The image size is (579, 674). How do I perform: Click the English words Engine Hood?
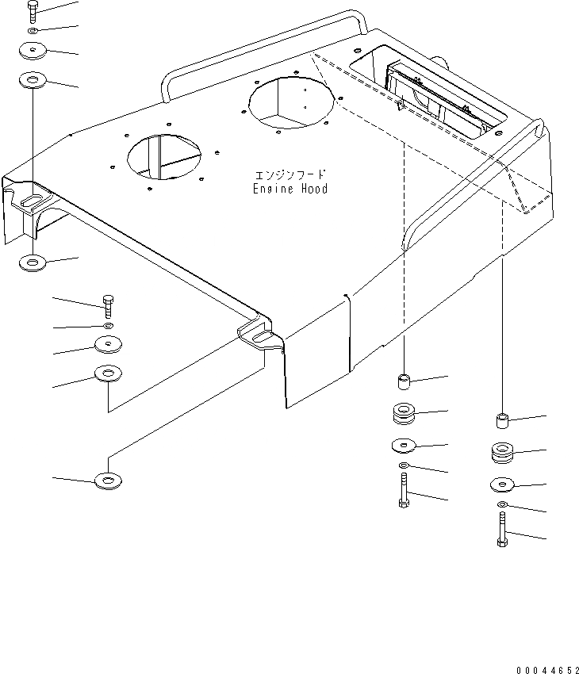pyautogui.click(x=290, y=189)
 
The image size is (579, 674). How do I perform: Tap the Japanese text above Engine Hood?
pyautogui.click(x=290, y=174)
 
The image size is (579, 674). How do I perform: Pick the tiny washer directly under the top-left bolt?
pyautogui.click(x=31, y=32)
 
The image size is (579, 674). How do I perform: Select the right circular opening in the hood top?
pyautogui.click(x=290, y=101)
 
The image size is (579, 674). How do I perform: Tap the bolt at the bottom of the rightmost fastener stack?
pyautogui.click(x=503, y=529)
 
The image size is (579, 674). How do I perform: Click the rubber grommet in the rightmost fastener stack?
pyautogui.click(x=503, y=454)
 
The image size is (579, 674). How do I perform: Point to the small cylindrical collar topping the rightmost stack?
pyautogui.click(x=502, y=419)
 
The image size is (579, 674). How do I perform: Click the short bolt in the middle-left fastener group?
pyautogui.click(x=108, y=305)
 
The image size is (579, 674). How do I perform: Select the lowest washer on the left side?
pyautogui.click(x=106, y=481)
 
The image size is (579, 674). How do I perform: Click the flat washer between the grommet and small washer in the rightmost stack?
pyautogui.click(x=503, y=484)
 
